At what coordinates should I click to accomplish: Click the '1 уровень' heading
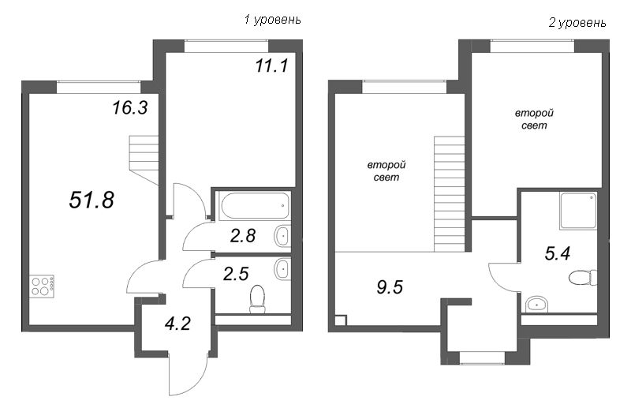[272, 19]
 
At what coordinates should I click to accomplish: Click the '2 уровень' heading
[577, 23]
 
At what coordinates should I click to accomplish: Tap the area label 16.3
[130, 107]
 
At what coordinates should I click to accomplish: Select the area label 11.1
[272, 66]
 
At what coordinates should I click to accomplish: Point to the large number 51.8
[91, 200]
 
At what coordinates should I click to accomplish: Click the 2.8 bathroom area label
[243, 236]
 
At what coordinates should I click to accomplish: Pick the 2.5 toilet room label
[236, 274]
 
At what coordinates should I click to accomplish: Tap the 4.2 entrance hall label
[177, 323]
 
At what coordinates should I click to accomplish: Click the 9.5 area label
[390, 287]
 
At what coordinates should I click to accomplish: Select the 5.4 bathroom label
[558, 254]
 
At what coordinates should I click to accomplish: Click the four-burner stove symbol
[42, 286]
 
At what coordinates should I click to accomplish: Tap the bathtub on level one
[255, 206]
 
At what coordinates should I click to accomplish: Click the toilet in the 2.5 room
[257, 298]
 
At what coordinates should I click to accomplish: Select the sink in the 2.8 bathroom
[282, 236]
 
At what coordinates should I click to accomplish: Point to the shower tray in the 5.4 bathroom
[578, 211]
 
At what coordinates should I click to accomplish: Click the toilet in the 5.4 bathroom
[583, 278]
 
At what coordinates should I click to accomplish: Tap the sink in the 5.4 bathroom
[536, 304]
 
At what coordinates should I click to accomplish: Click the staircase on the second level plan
[449, 194]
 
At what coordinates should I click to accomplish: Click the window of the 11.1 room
[226, 46]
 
